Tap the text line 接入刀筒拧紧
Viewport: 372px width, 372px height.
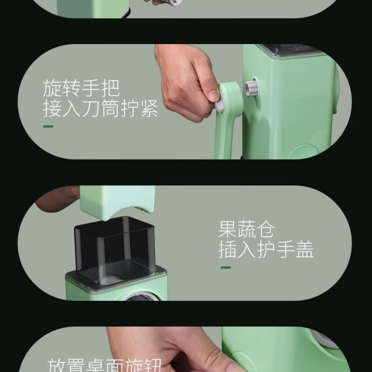100,110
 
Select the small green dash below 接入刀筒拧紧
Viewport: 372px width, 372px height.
48,126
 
